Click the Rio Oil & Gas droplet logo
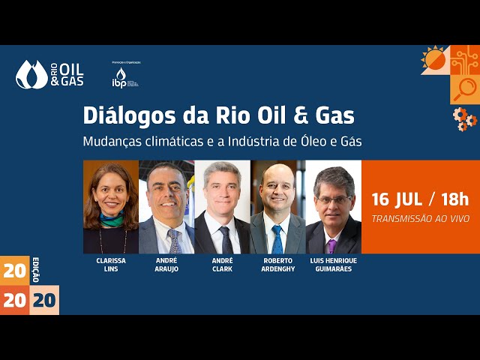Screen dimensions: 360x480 coord(31,74)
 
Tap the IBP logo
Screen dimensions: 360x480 coord(120,76)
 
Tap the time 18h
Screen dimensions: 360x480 coord(455,199)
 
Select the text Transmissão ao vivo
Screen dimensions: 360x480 coord(421,218)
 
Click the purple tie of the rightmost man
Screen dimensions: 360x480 coord(331,246)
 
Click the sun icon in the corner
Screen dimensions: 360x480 coord(434,59)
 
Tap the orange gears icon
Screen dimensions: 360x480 coord(465,118)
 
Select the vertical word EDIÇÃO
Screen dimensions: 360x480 coord(35,268)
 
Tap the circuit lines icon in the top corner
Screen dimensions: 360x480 coord(465,59)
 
